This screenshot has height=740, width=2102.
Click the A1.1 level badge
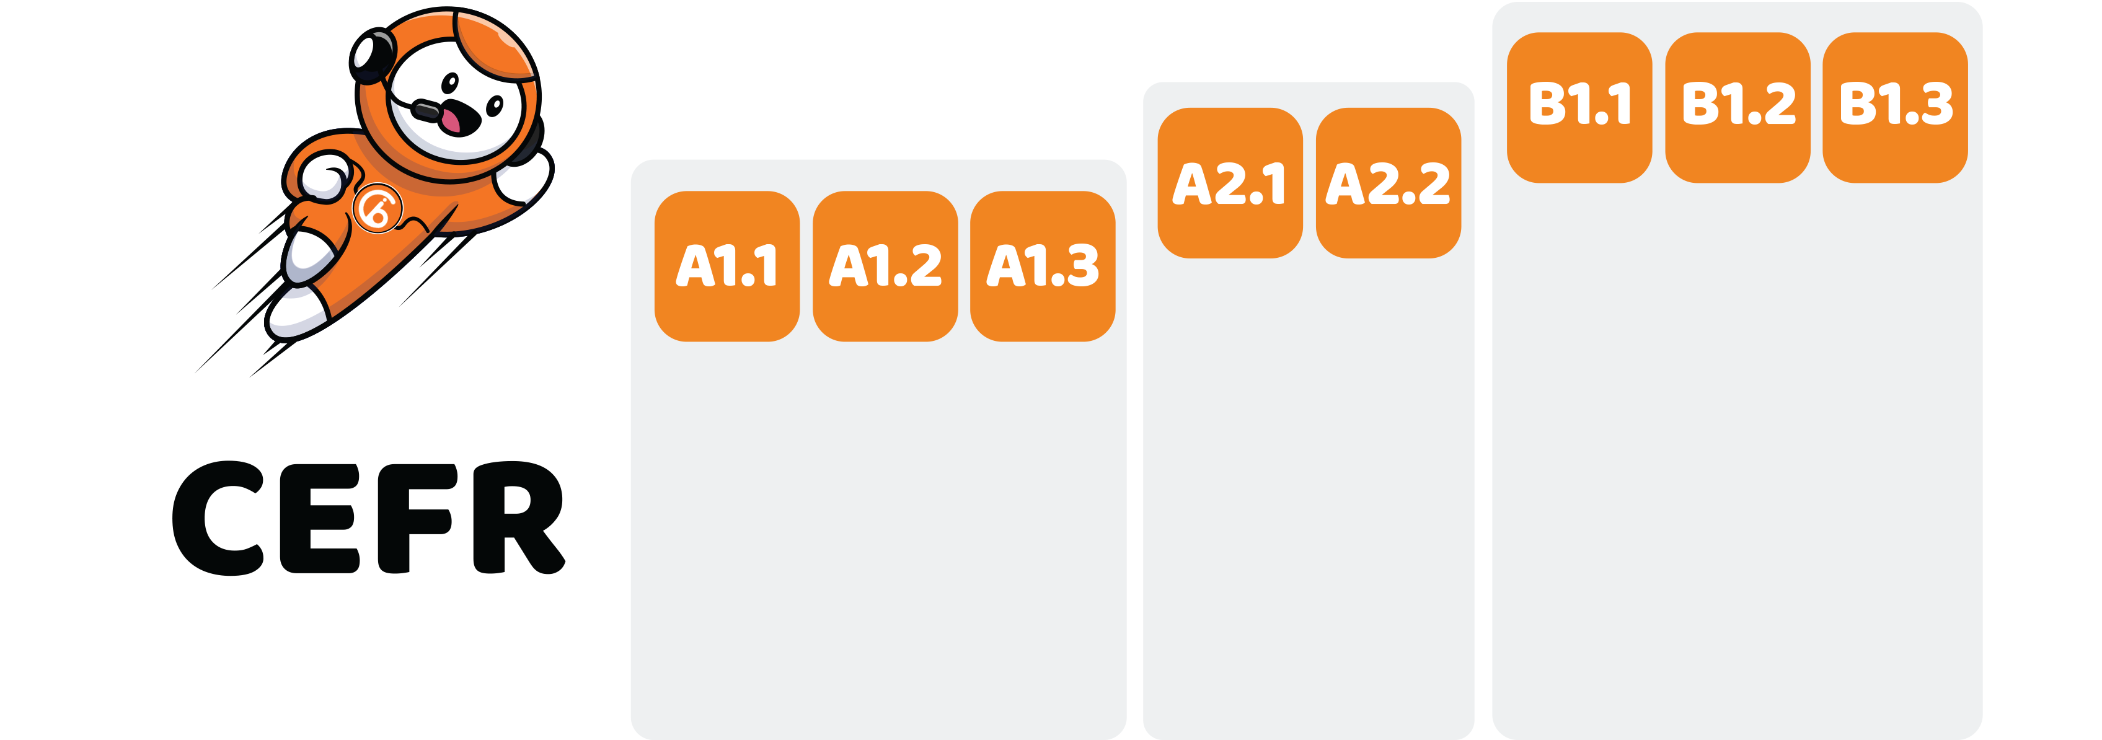click(726, 266)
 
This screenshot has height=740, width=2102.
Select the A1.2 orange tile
click(885, 266)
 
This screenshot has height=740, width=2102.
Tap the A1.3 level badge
click(1043, 266)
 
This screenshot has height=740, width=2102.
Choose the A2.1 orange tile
click(1230, 183)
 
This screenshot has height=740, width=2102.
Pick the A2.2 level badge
click(1388, 183)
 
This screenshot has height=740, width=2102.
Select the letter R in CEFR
click(518, 519)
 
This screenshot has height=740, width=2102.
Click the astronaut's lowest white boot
click(296, 314)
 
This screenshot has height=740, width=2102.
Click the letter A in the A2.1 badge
click(1191, 183)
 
